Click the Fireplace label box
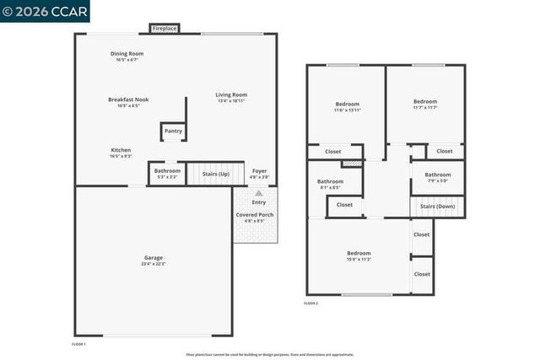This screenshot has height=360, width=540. pyautogui.click(x=165, y=29)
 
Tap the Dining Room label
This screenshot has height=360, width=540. pyautogui.click(x=127, y=56)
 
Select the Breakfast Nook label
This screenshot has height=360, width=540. pyautogui.click(x=128, y=102)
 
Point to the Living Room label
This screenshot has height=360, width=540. pyautogui.click(x=231, y=98)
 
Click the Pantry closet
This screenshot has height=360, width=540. pyautogui.click(x=173, y=132)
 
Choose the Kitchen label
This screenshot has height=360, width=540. pyautogui.click(x=121, y=153)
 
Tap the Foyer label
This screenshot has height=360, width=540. pyautogui.click(x=259, y=174)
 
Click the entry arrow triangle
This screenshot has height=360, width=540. pyautogui.click(x=258, y=193)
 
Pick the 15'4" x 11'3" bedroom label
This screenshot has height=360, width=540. pyautogui.click(x=359, y=255)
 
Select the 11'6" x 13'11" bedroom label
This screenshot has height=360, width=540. pyautogui.click(x=347, y=107)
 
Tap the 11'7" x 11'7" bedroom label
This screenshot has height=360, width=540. pyautogui.click(x=425, y=105)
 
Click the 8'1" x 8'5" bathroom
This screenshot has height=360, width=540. pyautogui.click(x=330, y=184)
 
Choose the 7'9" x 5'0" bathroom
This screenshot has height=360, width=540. pyautogui.click(x=437, y=177)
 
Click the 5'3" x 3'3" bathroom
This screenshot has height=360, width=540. pyautogui.click(x=166, y=174)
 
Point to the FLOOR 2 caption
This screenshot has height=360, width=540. pyautogui.click(x=310, y=303)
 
